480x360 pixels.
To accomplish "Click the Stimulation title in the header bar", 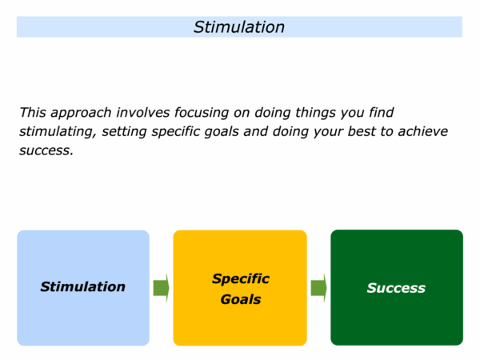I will pyautogui.click(x=239, y=27).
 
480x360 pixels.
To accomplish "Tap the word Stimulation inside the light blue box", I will pyautogui.click(x=82, y=286).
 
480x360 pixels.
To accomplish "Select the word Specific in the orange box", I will pyautogui.click(x=240, y=278).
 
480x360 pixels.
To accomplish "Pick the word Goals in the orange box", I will pyautogui.click(x=240, y=300).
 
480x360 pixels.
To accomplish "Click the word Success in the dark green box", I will pyautogui.click(x=396, y=287).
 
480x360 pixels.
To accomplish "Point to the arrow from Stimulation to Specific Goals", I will pyautogui.click(x=161, y=287).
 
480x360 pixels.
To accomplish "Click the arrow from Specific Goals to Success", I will pyautogui.click(x=318, y=287).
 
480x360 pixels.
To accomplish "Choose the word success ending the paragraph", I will pyautogui.click(x=46, y=150).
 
